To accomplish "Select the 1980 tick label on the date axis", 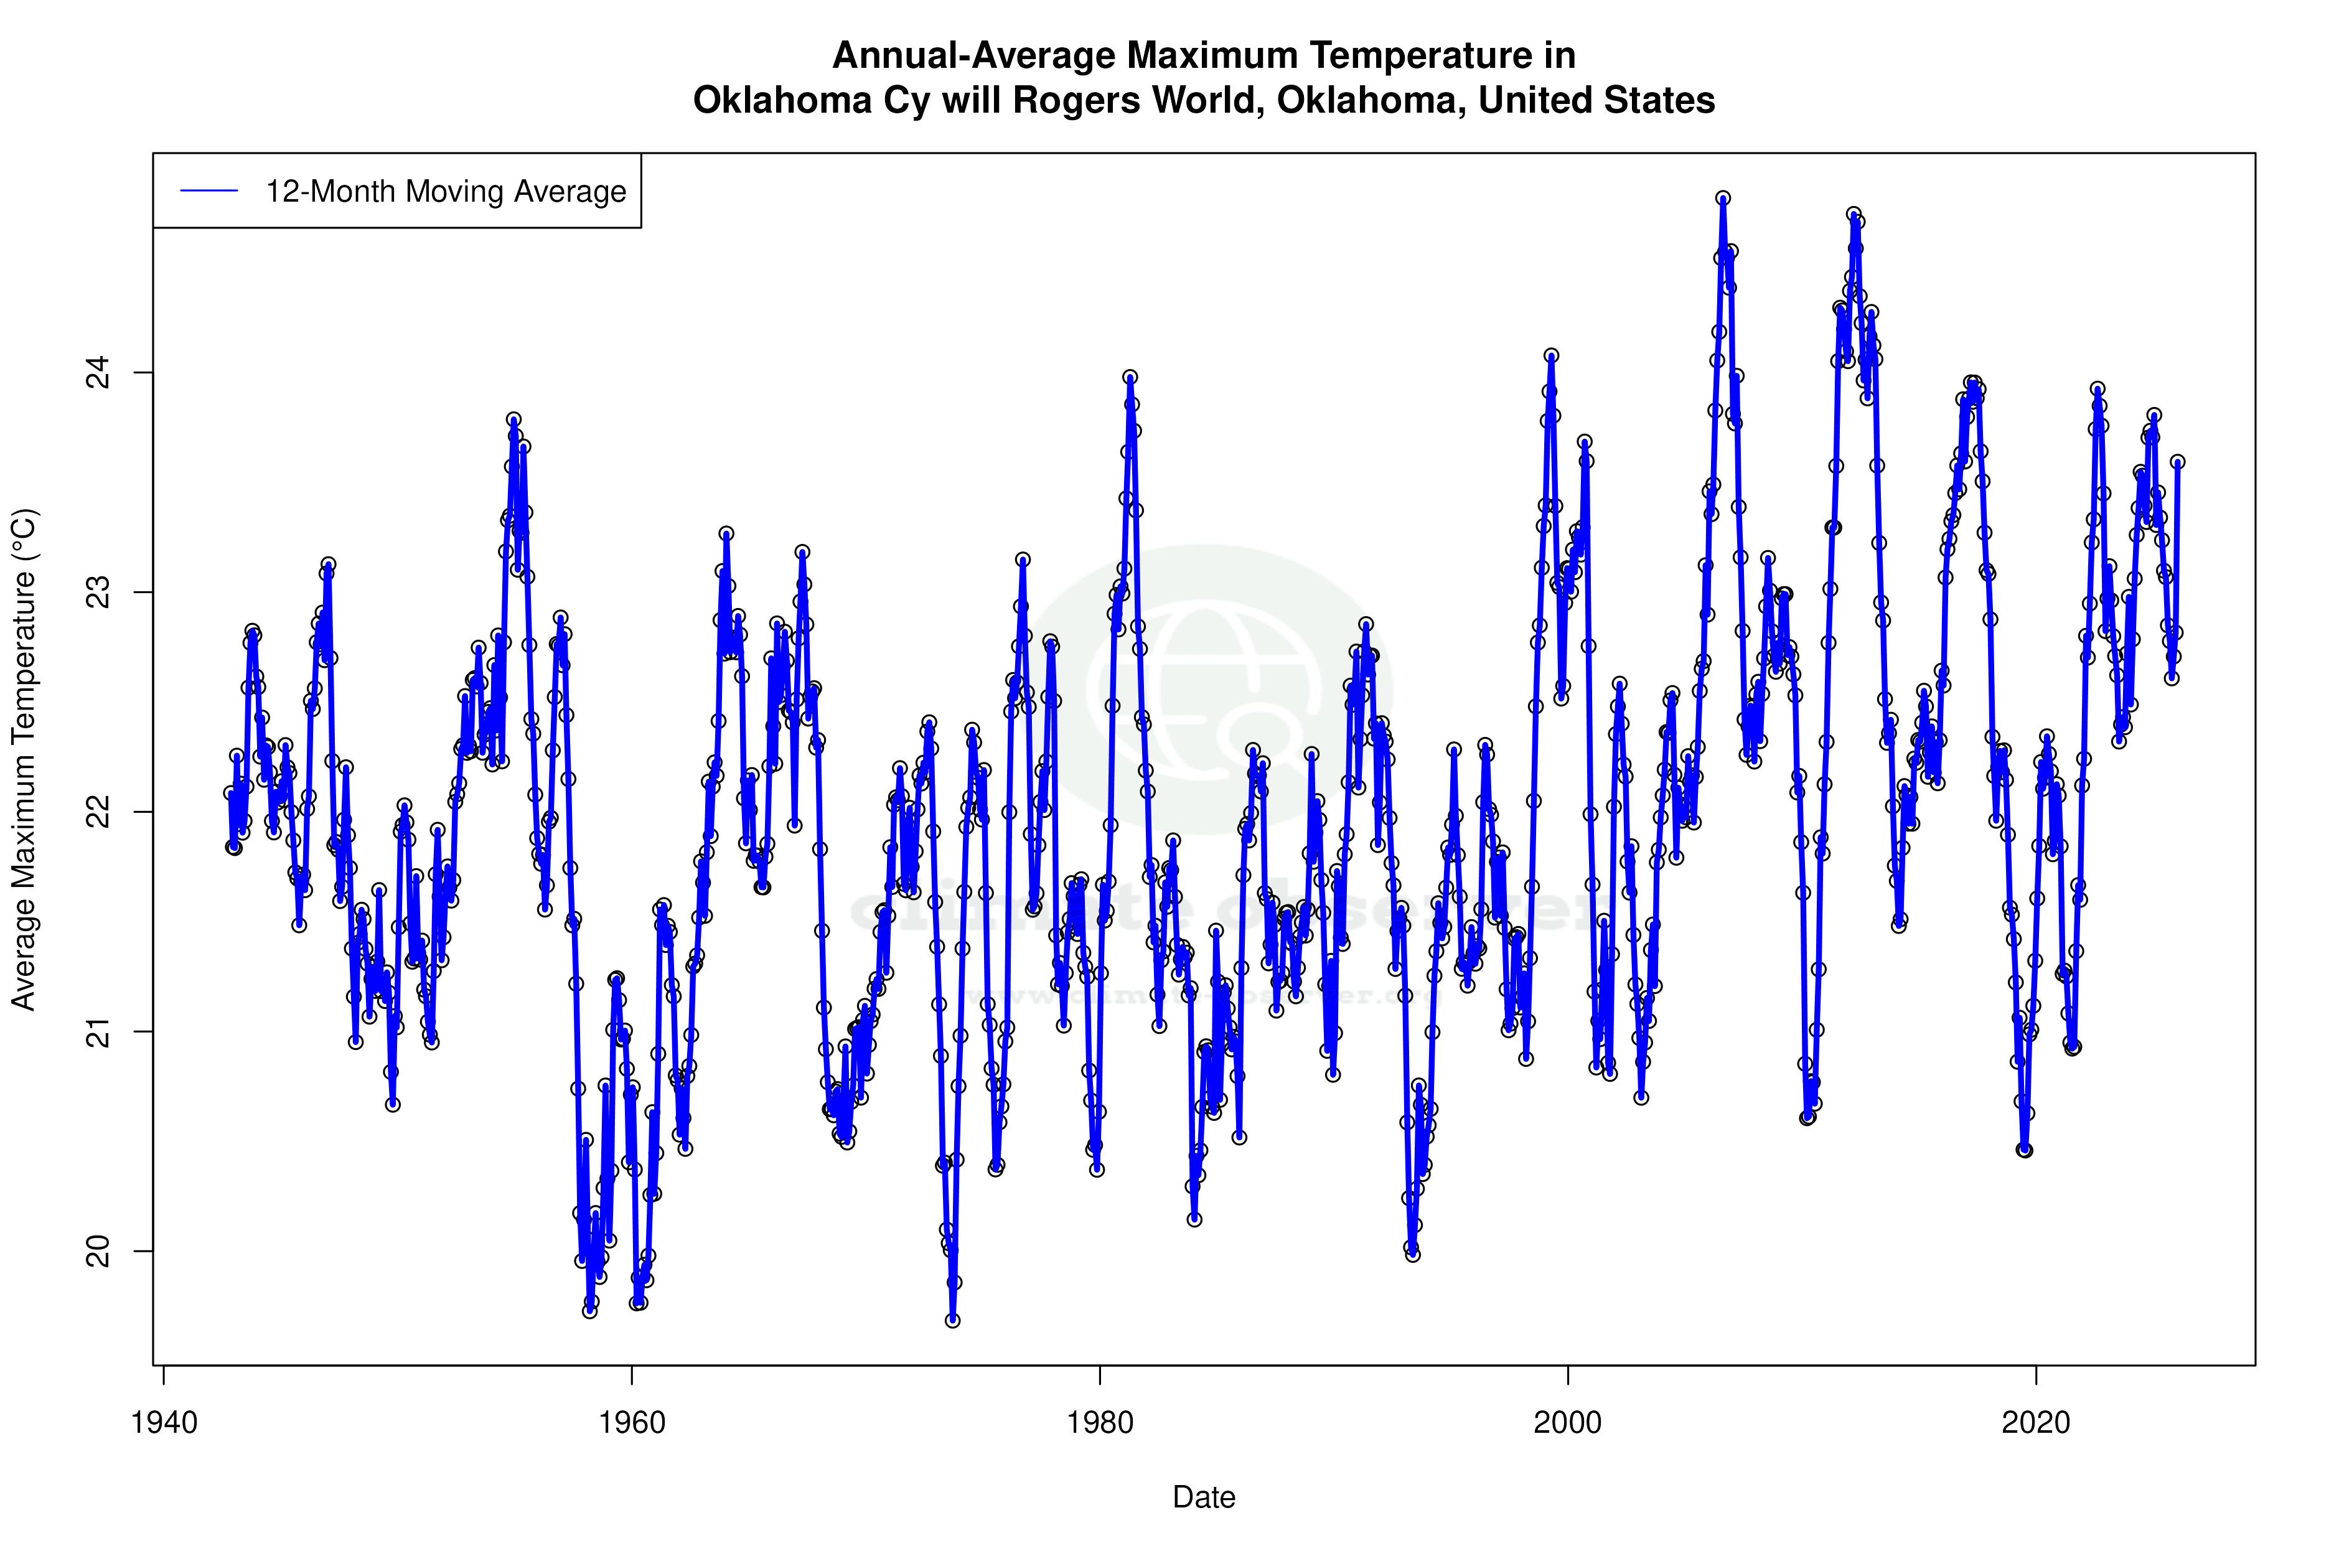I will pos(1100,1423).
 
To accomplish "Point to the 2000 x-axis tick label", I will pos(1568,1423).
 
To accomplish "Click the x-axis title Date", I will pos(1204,1497).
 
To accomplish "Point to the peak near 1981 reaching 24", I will pos(1129,377).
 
